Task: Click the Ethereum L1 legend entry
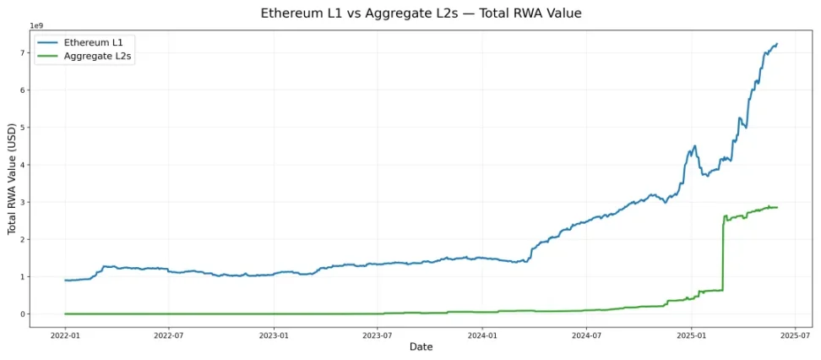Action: pos(88,41)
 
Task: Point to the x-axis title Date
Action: pos(421,347)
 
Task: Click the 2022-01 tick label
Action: pos(65,334)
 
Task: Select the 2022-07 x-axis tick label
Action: pos(169,334)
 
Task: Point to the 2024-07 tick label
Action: pos(586,334)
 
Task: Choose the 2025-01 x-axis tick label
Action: pos(692,334)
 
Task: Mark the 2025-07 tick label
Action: pos(795,334)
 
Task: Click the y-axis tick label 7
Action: pos(24,53)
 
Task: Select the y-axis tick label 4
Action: pos(24,165)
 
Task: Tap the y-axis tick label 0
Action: pos(24,314)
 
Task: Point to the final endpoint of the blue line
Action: pos(777,44)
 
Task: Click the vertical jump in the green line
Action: pos(723,254)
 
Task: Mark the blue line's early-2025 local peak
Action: pos(694,146)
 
